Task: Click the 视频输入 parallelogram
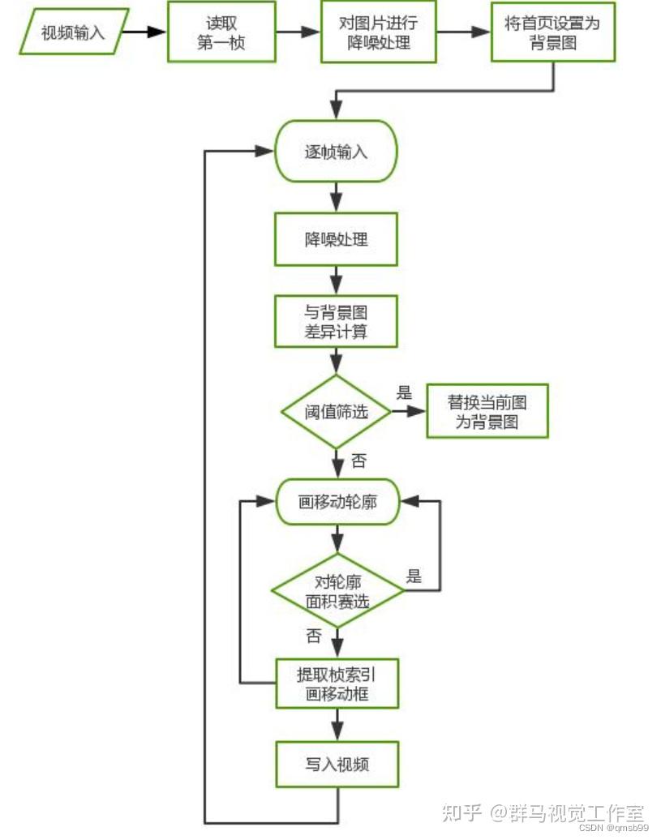pyautogui.click(x=73, y=32)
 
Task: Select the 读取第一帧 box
pyautogui.click(x=221, y=32)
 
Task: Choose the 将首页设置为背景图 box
pyautogui.click(x=552, y=32)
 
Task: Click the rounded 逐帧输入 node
pyautogui.click(x=336, y=152)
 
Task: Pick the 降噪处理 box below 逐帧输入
pyautogui.click(x=336, y=239)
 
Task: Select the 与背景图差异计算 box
pyautogui.click(x=336, y=322)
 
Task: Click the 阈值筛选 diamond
pyautogui.click(x=336, y=412)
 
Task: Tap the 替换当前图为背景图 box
pyautogui.click(x=487, y=412)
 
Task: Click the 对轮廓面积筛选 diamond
pyautogui.click(x=337, y=591)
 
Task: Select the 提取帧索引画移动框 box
pyautogui.click(x=337, y=684)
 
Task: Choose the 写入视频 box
pyautogui.click(x=337, y=764)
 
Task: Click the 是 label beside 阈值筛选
pyautogui.click(x=405, y=393)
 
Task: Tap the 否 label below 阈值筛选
pyautogui.click(x=358, y=462)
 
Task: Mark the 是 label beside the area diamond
pyautogui.click(x=414, y=577)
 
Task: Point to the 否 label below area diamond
pyautogui.click(x=314, y=636)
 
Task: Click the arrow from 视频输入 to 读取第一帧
pyautogui.click(x=147, y=32)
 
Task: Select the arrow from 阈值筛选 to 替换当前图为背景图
pyautogui.click(x=409, y=412)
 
